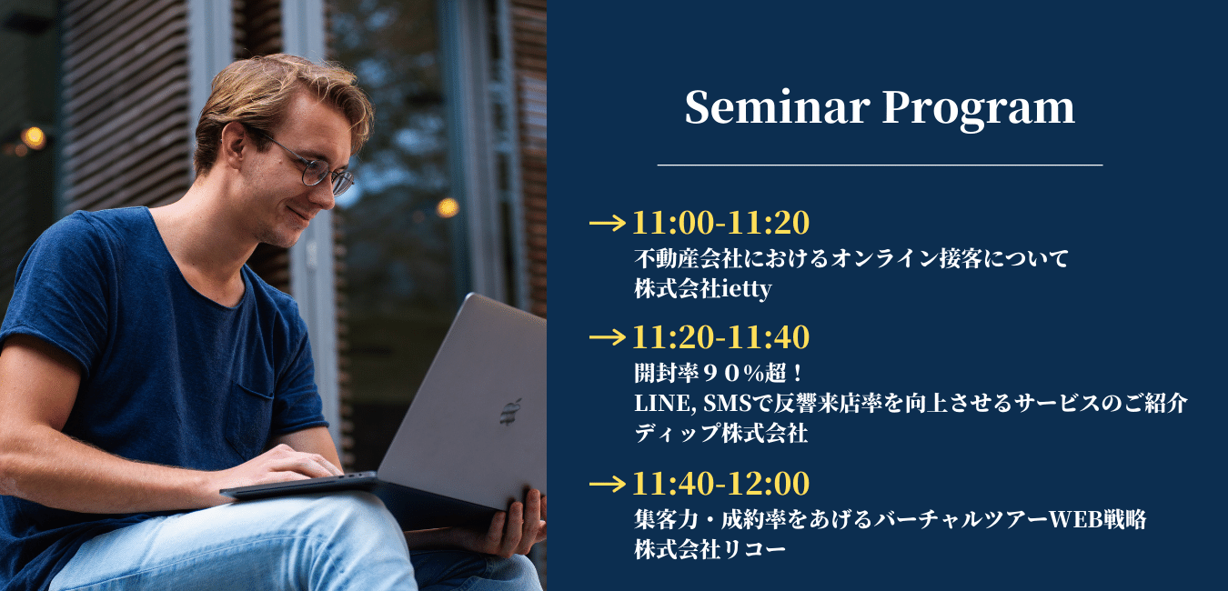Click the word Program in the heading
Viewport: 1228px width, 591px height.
979,110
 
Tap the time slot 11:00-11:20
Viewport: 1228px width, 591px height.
721,223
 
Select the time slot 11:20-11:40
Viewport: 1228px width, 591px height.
721,337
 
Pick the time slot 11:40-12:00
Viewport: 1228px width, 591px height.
721,484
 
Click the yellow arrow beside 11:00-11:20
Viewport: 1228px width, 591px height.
608,223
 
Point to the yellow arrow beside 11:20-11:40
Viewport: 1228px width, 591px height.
608,337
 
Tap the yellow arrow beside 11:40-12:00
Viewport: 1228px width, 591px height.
608,484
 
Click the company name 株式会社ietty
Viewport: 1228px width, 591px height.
703,288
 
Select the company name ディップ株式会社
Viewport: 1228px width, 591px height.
721,434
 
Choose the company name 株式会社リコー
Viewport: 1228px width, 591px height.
710,549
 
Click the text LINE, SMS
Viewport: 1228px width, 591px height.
693,404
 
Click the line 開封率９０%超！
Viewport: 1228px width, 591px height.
719,374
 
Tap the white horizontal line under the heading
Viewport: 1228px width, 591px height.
880,165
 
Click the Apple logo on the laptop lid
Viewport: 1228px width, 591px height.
510,412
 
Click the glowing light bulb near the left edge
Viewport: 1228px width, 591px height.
34,137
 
